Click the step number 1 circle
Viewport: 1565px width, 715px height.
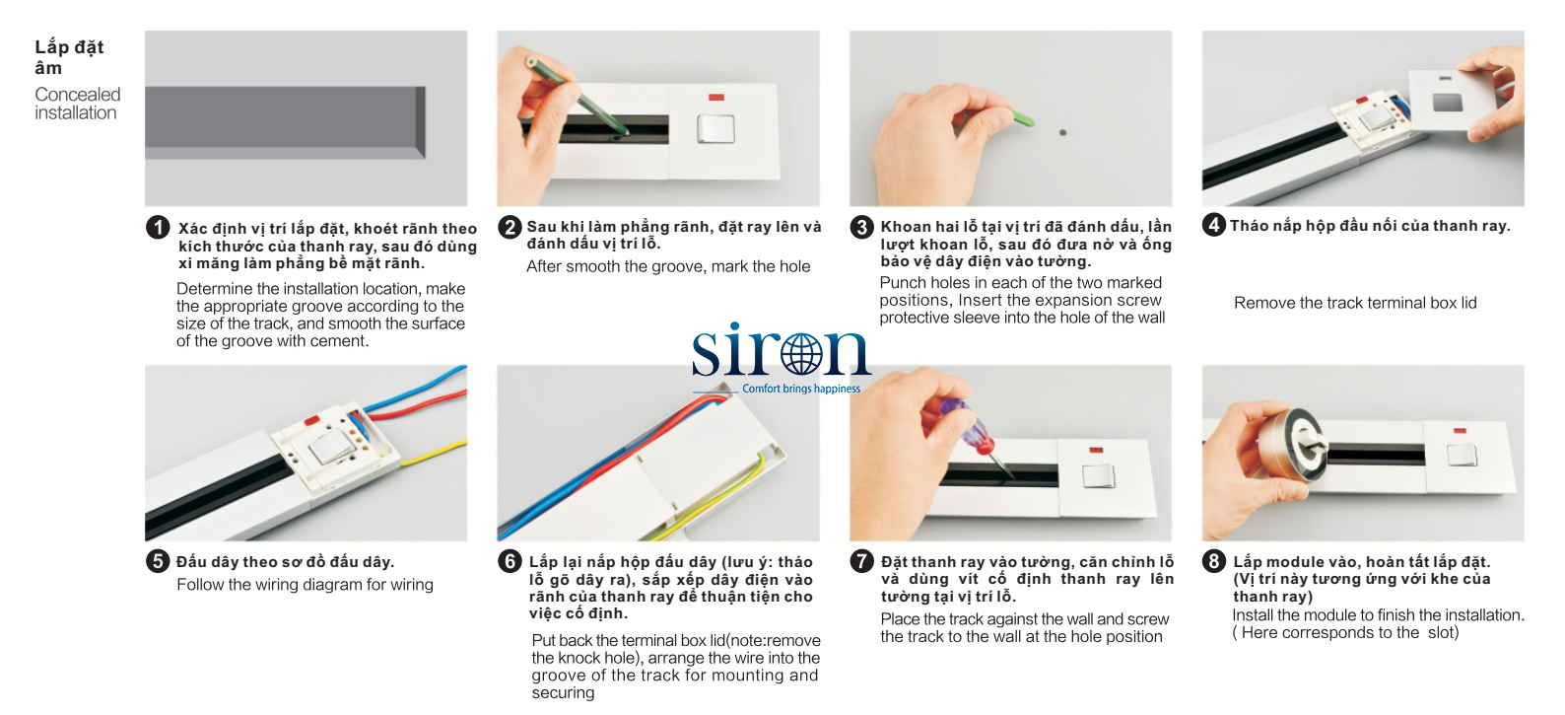click(x=158, y=227)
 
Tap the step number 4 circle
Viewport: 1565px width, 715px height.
click(x=1213, y=224)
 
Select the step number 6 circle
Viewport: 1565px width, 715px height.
click(x=510, y=560)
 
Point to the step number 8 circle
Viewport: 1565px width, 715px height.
click(x=1213, y=560)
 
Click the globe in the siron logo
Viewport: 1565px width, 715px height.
click(x=801, y=354)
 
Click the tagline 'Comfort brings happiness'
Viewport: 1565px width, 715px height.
click(x=800, y=389)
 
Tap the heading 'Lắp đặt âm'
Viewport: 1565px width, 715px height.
click(x=69, y=57)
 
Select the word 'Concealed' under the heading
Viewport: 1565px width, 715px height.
click(x=78, y=95)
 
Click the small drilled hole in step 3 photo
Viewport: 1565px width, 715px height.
click(x=1062, y=132)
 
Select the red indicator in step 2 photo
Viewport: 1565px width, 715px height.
click(x=716, y=98)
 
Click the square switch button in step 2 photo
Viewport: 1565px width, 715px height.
click(x=716, y=129)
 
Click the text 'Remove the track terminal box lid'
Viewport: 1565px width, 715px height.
click(x=1355, y=303)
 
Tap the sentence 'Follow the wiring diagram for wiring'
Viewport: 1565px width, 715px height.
click(x=305, y=584)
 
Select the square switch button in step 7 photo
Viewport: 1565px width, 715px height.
click(x=1098, y=476)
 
